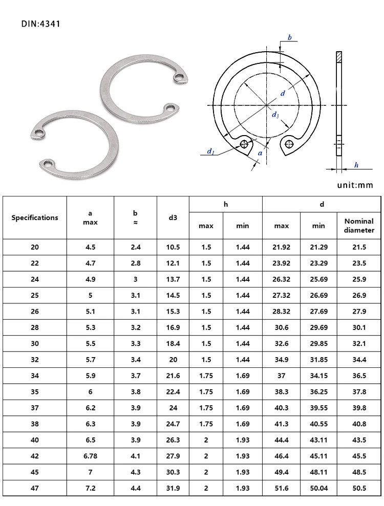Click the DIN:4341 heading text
(x=41, y=24)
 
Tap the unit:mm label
(x=355, y=185)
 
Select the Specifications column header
(x=35, y=217)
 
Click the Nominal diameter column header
(x=359, y=226)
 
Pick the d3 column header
(x=173, y=217)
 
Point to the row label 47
(x=35, y=488)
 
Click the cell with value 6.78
(x=90, y=456)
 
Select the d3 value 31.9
(x=173, y=488)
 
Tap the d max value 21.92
(x=281, y=247)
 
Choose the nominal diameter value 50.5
(x=359, y=488)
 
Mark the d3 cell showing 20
(x=173, y=360)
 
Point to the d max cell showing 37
(x=281, y=376)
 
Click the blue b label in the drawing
(x=290, y=37)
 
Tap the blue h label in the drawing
(x=356, y=165)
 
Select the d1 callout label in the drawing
(x=210, y=151)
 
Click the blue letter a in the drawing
(x=261, y=152)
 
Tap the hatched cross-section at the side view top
(x=339, y=57)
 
